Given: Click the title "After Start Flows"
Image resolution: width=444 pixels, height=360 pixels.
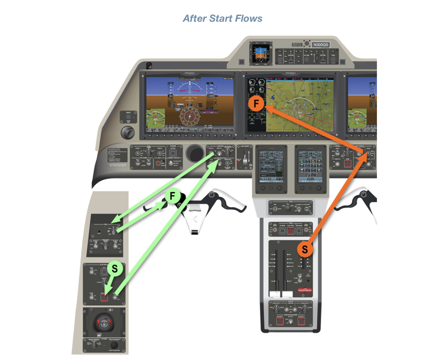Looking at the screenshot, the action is (x=222, y=18).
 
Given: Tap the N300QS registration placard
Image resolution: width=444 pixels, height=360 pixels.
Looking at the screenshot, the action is (x=320, y=45).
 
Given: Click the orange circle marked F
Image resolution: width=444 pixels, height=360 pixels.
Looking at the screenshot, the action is (x=256, y=104).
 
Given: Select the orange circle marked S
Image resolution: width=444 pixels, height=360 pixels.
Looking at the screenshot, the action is (x=305, y=249).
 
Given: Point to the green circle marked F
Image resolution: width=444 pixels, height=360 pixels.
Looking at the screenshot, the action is (x=173, y=196).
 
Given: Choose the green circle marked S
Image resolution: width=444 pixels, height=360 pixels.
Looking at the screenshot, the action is (x=115, y=269).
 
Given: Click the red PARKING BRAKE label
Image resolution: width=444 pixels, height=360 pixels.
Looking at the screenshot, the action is (x=304, y=290).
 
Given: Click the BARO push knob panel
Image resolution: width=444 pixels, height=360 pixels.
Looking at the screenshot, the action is (x=128, y=117).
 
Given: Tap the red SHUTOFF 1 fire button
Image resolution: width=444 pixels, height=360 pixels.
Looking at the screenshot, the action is (x=280, y=321).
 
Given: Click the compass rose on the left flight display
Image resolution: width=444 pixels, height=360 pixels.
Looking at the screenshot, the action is (x=190, y=117).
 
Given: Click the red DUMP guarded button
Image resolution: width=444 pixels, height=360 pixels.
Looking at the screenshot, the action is (x=348, y=164).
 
